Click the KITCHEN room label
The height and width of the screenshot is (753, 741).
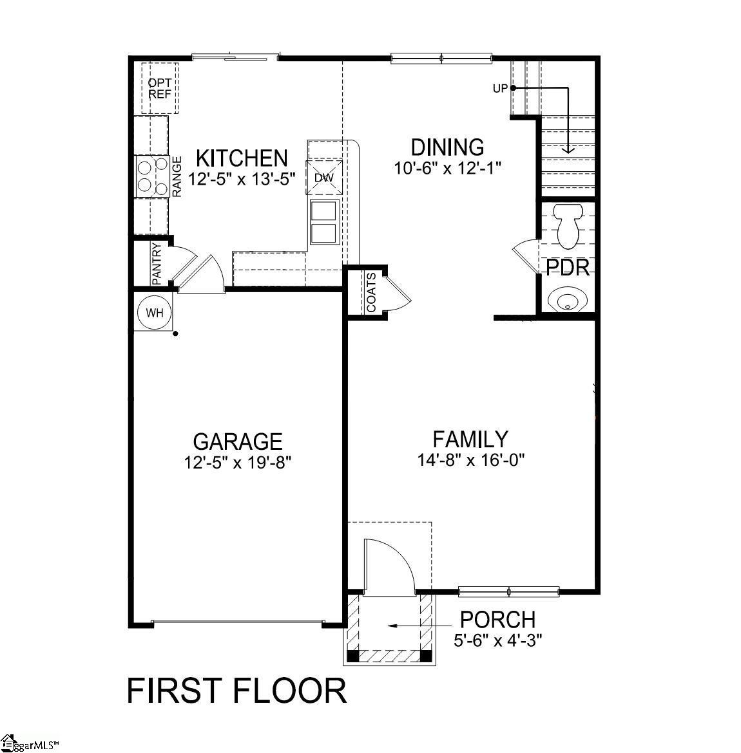coord(242,158)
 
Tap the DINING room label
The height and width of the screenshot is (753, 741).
coord(448,147)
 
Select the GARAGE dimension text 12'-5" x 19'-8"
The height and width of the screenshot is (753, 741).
coord(238,462)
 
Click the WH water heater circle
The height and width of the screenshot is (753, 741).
coord(155,313)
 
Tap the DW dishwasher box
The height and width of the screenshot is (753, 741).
coord(324,177)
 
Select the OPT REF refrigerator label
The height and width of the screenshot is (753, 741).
coord(160,88)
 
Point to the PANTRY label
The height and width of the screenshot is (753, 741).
coord(156,263)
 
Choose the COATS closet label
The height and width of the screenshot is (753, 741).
coord(372,293)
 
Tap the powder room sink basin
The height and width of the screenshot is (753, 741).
coord(566,300)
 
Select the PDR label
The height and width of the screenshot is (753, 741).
coord(568,268)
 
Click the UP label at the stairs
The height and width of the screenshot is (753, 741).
coord(500,89)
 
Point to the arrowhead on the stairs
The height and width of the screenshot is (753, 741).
coord(568,149)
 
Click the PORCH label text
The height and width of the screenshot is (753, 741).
coord(497,619)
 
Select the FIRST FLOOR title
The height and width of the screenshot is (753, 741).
coord(236,691)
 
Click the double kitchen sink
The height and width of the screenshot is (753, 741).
coord(324,222)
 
